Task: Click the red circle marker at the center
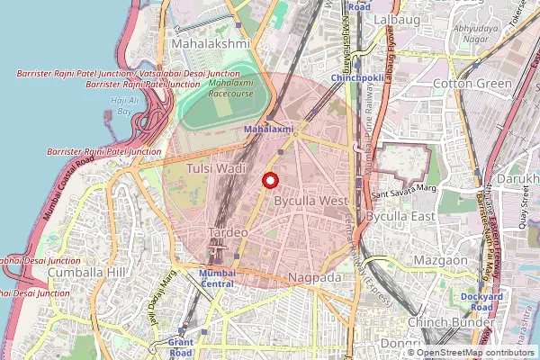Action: (x=269, y=180)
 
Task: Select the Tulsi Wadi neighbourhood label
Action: (x=215, y=168)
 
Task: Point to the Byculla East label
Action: (x=400, y=218)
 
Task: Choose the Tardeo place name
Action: (x=228, y=232)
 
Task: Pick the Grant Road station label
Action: (x=181, y=347)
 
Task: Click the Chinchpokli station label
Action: (x=357, y=78)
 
